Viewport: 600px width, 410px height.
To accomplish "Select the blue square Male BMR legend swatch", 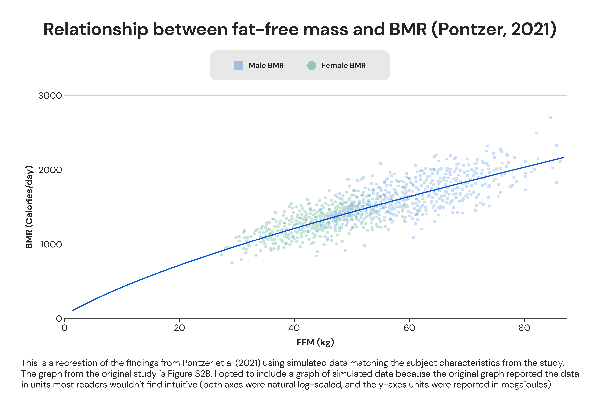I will pos(238,66).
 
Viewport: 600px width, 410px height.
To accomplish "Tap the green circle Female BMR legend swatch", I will pos(312,66).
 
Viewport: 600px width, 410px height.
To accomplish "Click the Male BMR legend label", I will pos(266,66).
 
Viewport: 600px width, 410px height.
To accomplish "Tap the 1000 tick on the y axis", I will pos(51,244).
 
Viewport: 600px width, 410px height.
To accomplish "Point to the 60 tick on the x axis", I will pos(409,328).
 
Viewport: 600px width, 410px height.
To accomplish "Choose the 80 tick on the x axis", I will pos(524,328).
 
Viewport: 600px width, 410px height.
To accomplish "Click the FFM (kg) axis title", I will pos(315,342).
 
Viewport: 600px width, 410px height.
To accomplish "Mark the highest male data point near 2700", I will pos(550,117).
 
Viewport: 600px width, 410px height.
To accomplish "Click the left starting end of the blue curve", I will pos(73,310).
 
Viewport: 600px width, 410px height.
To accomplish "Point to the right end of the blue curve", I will pos(564,157).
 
